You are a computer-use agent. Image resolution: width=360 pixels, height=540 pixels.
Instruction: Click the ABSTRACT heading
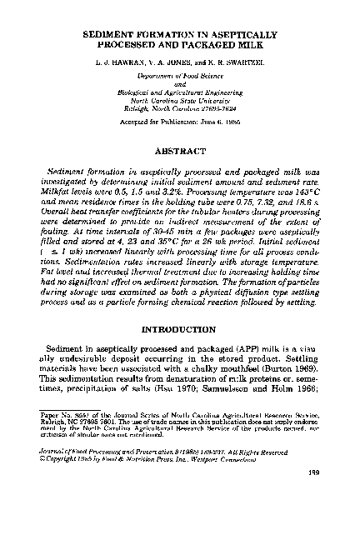pyautogui.click(x=180, y=152)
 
